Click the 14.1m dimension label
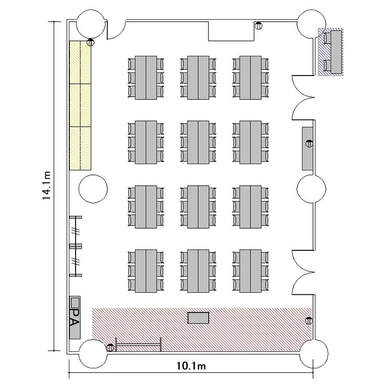click(47, 186)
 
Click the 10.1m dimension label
click(191, 366)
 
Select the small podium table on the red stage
click(198, 318)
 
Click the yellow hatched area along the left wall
click(80, 106)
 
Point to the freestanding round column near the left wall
click(93, 189)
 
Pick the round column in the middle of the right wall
click(311, 189)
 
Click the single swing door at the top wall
click(116, 29)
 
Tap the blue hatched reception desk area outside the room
click(331, 52)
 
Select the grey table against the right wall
click(307, 148)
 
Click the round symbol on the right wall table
click(309, 143)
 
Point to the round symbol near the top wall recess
click(259, 26)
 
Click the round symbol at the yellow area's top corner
click(91, 42)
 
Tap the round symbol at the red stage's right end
click(309, 321)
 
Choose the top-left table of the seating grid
click(146, 78)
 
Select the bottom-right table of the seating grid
click(250, 271)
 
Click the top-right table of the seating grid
click(250, 78)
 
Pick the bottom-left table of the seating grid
click(146, 271)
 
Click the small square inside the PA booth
click(74, 302)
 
